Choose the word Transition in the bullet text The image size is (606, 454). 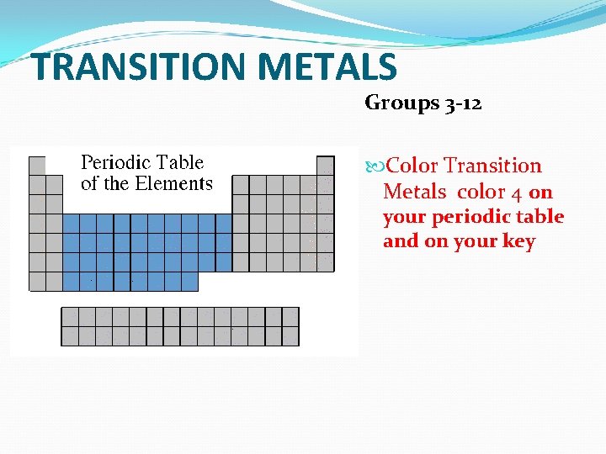click(493, 166)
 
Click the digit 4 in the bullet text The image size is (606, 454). click(515, 193)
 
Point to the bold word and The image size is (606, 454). click(400, 242)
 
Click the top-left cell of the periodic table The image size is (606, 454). click(37, 166)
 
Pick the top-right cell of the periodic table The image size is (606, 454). click(325, 166)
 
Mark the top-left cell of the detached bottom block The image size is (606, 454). click(70, 316)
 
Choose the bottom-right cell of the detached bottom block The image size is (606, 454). click(290, 335)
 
